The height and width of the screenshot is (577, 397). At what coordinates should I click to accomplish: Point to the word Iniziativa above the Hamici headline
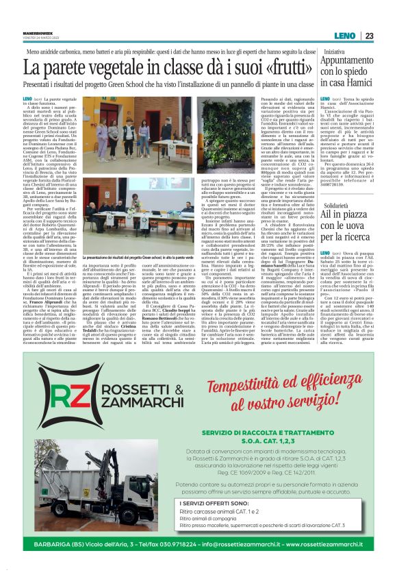335,51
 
